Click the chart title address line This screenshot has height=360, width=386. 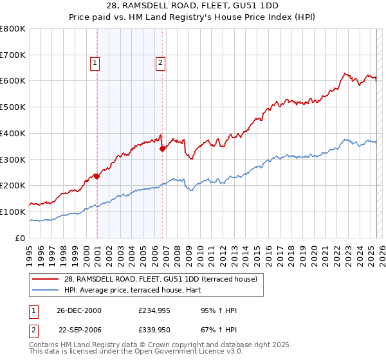[x=193, y=6]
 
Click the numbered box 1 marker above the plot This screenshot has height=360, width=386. [x=95, y=62]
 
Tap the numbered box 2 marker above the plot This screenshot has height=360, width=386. [x=160, y=62]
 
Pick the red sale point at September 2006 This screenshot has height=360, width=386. [x=162, y=148]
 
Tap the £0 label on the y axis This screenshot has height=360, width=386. [x=19, y=238]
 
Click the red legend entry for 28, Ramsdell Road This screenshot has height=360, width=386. [x=160, y=279]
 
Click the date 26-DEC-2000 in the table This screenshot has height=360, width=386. [x=80, y=310]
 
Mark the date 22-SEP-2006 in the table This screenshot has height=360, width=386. [x=80, y=330]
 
